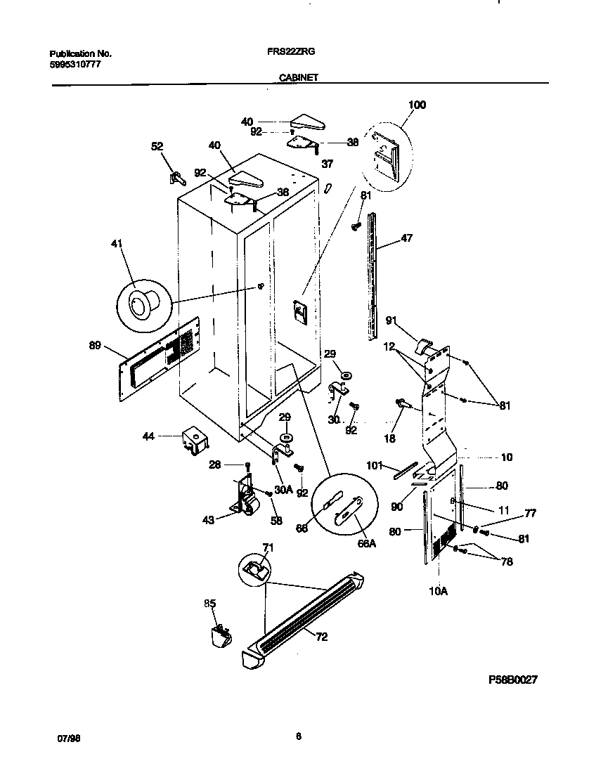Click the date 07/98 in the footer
click(x=66, y=738)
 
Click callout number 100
click(x=417, y=105)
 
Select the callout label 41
click(x=117, y=244)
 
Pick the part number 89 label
click(x=95, y=345)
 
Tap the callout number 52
click(x=157, y=146)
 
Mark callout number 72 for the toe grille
click(x=321, y=637)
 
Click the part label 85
click(x=210, y=603)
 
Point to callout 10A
click(x=438, y=592)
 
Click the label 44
click(x=148, y=436)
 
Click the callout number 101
click(x=374, y=465)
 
